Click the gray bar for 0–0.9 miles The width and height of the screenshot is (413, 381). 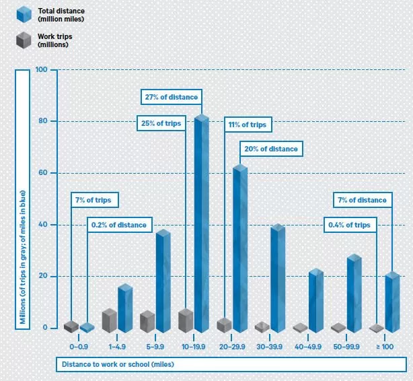tap(71, 326)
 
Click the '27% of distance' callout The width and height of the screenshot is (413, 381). tap(172, 97)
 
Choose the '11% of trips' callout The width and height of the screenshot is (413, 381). tap(248, 125)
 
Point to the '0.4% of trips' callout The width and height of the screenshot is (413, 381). tap(348, 225)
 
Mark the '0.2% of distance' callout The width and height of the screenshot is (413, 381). tap(120, 225)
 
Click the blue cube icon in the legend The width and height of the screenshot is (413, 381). tap(25, 14)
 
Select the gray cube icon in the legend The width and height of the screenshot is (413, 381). tap(25, 40)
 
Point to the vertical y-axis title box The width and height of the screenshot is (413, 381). tap(22, 199)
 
